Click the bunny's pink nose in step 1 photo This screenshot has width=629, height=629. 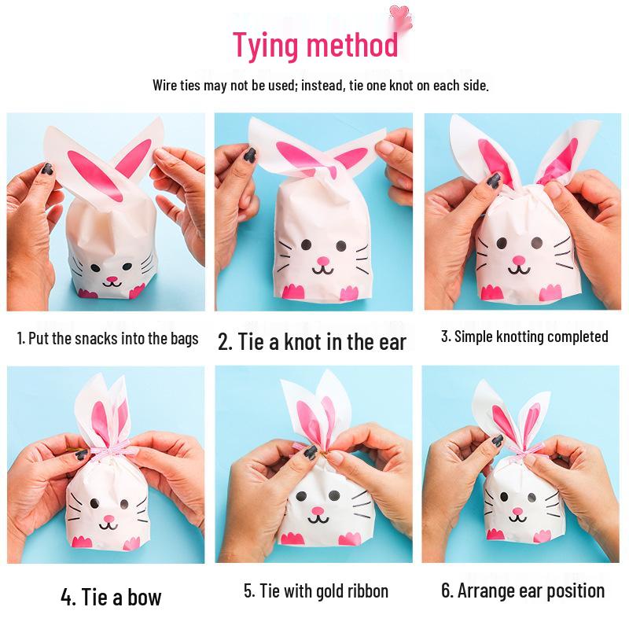[x=112, y=279]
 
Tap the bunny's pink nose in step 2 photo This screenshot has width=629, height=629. [x=323, y=261]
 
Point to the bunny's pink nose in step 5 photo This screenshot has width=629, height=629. [x=318, y=511]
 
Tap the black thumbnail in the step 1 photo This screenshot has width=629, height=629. [x=47, y=169]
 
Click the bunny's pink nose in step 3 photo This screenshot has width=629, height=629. [x=519, y=260]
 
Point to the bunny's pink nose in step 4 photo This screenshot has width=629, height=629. [x=109, y=520]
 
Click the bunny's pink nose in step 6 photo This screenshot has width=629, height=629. [x=517, y=512]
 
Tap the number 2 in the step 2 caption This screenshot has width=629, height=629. [x=223, y=343]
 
